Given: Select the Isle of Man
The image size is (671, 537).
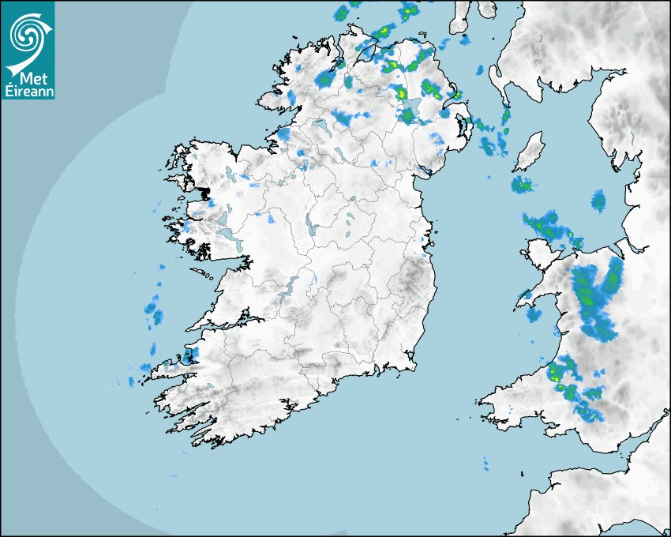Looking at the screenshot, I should point(530,152).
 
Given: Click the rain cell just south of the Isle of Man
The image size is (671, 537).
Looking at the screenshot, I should point(522,186).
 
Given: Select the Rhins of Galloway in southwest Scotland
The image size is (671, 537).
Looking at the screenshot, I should point(498,80).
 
